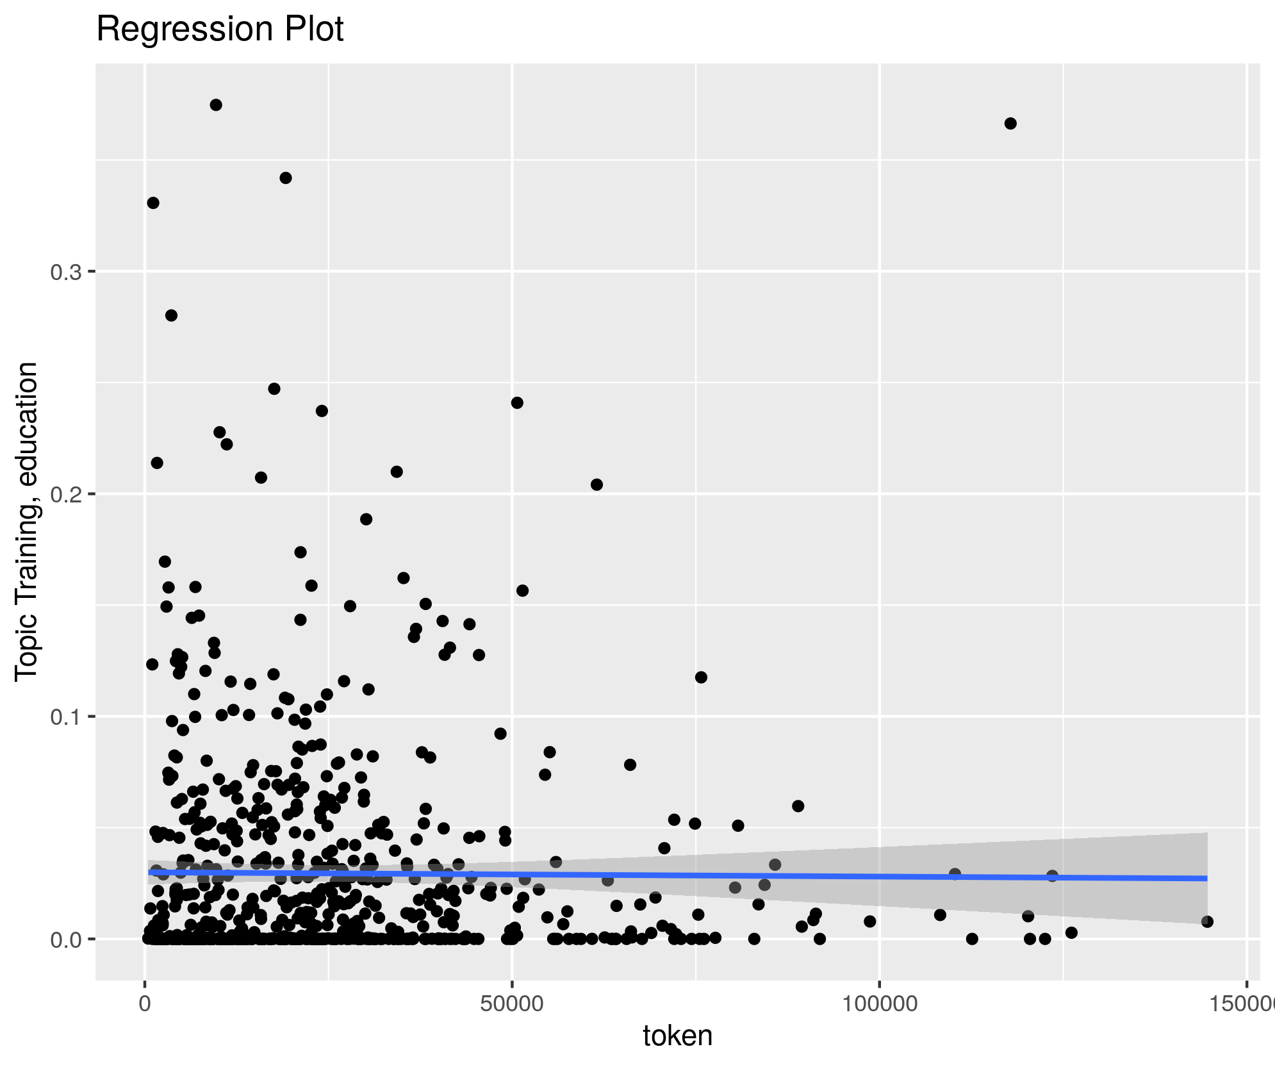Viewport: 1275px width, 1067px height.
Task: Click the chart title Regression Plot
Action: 220,29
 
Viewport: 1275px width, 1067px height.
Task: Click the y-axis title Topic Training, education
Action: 27,521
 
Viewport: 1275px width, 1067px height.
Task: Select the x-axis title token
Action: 677,1036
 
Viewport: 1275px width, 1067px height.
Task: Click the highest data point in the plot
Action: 216,105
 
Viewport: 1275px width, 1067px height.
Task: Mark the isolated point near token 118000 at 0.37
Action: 1010,124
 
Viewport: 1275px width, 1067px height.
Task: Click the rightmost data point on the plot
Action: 1207,922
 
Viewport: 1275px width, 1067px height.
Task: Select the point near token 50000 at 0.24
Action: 517,403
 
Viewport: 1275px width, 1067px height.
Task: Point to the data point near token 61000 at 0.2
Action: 596,484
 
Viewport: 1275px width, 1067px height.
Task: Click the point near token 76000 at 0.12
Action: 701,677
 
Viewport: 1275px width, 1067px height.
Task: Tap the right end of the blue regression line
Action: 1206,879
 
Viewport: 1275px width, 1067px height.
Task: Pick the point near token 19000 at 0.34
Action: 286,178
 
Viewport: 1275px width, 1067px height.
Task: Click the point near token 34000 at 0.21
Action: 397,472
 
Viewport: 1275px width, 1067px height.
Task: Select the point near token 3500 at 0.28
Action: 171,315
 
